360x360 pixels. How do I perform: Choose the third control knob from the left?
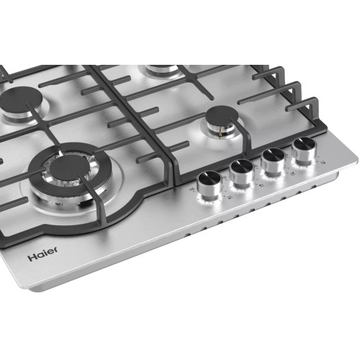coord(273,159)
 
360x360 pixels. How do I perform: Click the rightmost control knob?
coord(302,148)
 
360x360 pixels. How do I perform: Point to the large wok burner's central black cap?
coord(70,168)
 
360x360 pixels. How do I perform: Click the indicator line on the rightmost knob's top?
coord(303,143)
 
